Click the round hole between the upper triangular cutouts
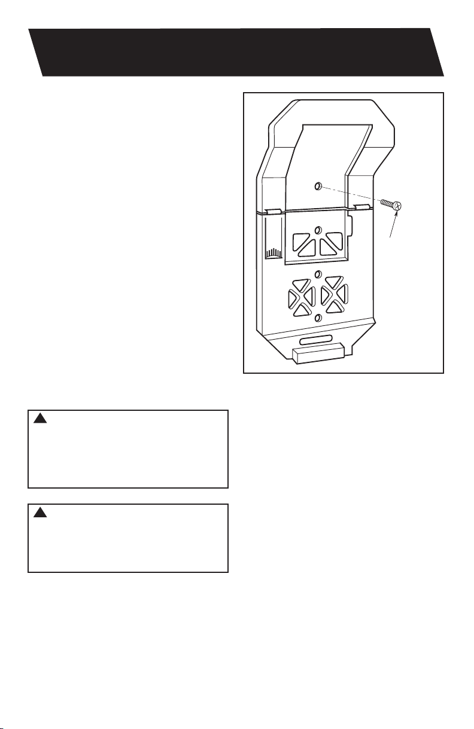(x=318, y=230)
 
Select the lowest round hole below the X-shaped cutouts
(x=318, y=318)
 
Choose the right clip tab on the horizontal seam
(x=362, y=207)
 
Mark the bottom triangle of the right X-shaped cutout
(x=334, y=308)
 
